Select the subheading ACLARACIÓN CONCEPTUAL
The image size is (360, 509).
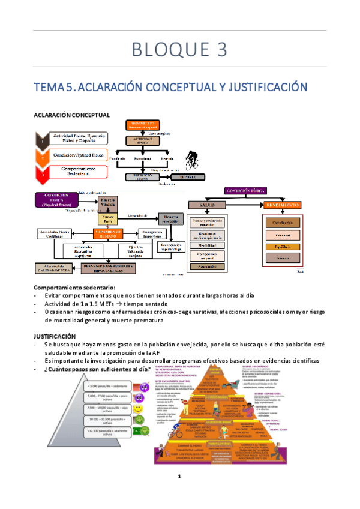point(71,115)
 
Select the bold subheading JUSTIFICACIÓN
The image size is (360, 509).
point(55,336)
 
